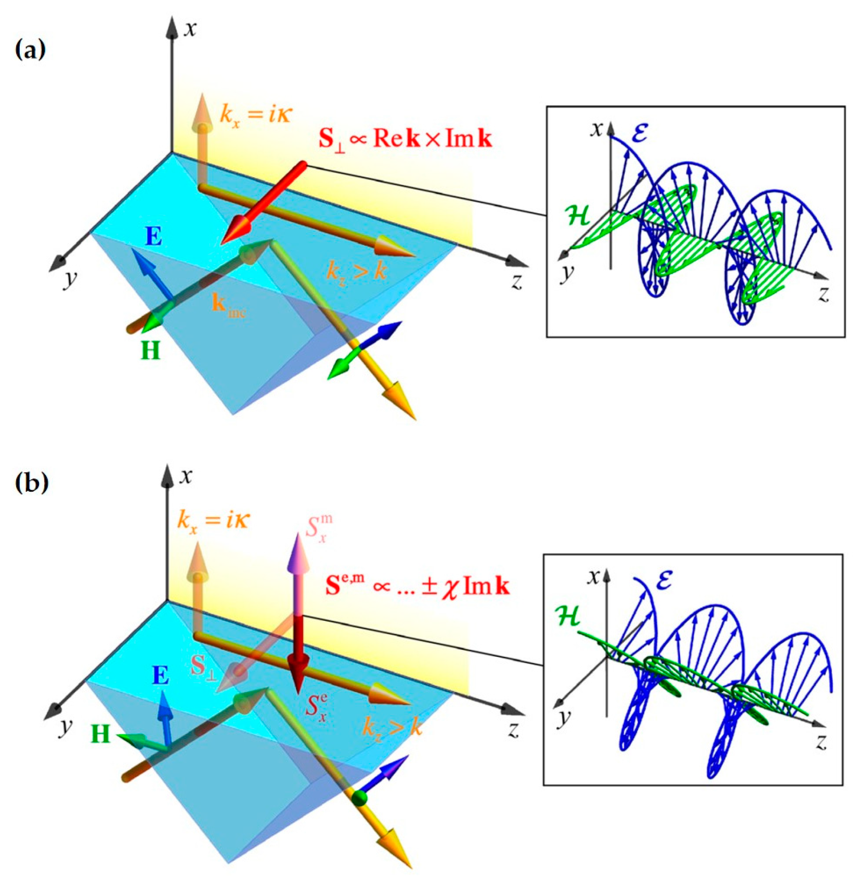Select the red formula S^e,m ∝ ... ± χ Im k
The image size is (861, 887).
click(417, 587)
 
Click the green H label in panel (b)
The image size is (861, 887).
click(101, 735)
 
